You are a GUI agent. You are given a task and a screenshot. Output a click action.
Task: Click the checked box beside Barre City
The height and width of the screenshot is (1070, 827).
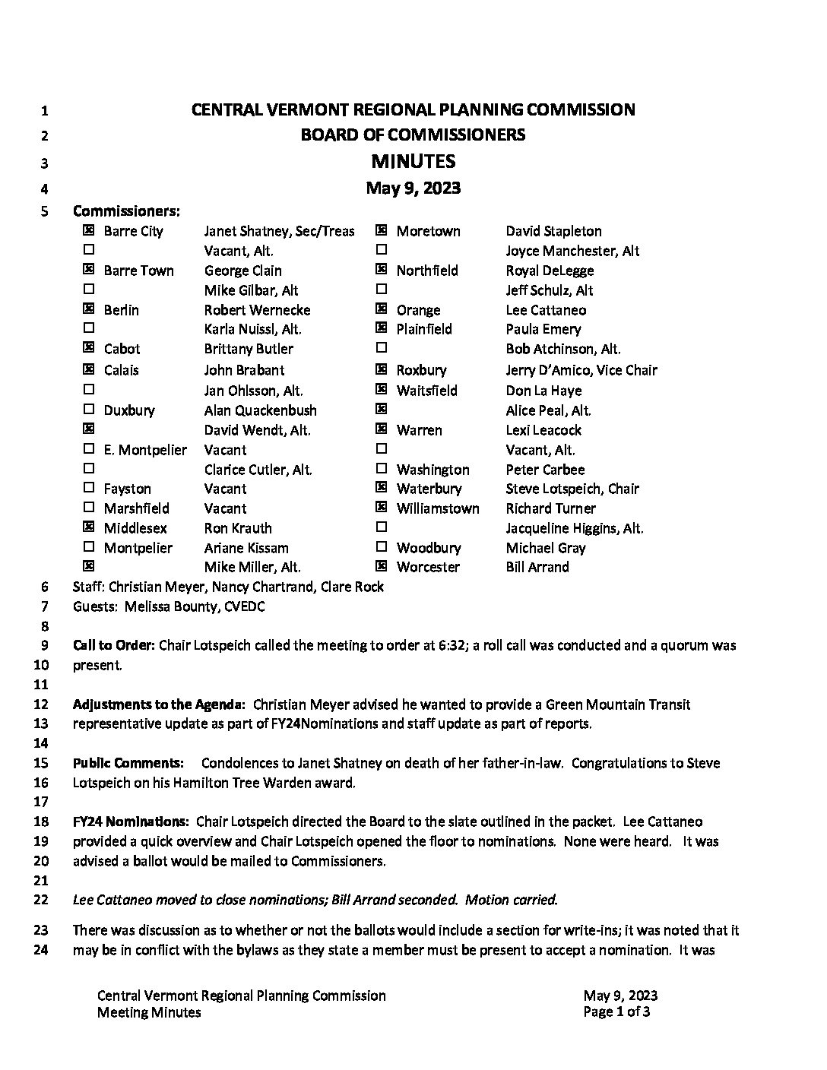click(x=89, y=230)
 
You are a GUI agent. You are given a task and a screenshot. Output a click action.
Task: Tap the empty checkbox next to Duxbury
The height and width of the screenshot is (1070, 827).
click(x=89, y=410)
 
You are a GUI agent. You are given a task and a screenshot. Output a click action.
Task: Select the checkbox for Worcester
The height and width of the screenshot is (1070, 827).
click(x=382, y=566)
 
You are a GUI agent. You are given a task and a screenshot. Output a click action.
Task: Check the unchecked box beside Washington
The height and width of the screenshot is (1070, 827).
click(x=382, y=469)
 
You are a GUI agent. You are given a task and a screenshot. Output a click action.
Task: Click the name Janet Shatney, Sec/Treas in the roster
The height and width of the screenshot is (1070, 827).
click(x=279, y=231)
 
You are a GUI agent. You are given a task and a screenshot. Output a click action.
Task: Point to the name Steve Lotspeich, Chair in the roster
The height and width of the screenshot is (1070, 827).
click(x=572, y=489)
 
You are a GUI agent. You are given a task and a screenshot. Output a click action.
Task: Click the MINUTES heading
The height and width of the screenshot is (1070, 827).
click(x=413, y=161)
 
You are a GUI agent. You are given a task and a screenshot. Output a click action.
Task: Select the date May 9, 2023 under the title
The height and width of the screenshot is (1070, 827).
click(x=413, y=188)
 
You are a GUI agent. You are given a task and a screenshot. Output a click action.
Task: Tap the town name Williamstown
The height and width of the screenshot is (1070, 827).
click(x=438, y=508)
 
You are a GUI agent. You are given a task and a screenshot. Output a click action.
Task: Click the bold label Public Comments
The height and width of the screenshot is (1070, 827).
click(x=128, y=762)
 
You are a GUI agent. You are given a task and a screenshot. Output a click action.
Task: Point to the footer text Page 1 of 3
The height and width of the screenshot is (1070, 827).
click(x=616, y=1011)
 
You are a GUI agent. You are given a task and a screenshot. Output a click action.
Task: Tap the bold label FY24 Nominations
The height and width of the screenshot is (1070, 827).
click(x=131, y=821)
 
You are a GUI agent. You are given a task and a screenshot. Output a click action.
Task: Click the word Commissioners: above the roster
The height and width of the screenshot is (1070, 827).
click(x=126, y=211)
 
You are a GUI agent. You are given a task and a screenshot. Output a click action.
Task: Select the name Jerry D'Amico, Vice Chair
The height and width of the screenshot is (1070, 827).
click(x=581, y=370)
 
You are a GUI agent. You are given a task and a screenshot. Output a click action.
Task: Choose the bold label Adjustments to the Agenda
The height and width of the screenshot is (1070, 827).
click(x=159, y=704)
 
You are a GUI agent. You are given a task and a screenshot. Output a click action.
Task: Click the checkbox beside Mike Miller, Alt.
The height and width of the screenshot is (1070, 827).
click(x=89, y=566)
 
